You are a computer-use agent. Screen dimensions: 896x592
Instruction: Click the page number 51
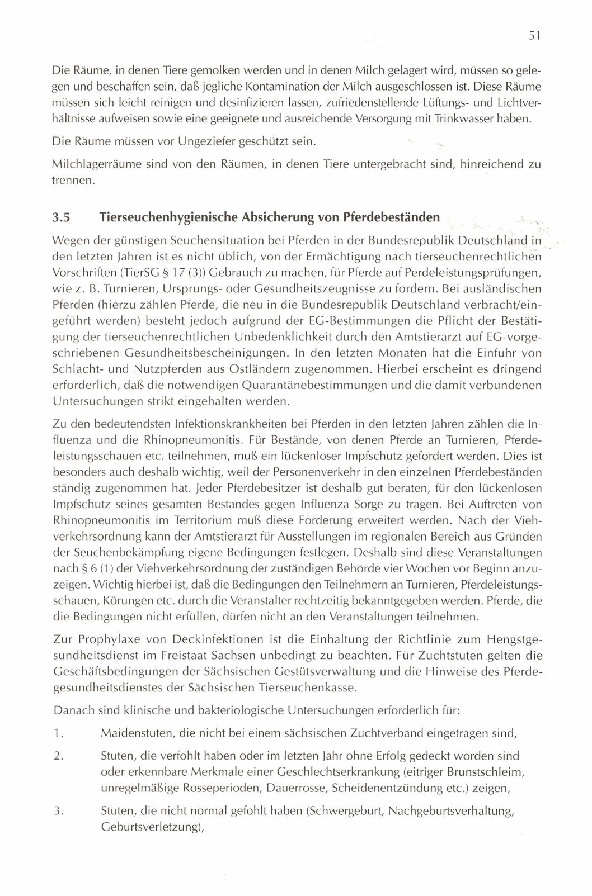coord(533,36)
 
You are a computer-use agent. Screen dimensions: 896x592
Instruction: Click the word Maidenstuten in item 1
coord(131,733)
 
